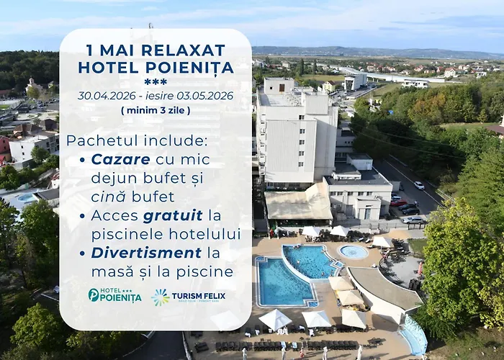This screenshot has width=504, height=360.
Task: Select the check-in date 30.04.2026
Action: (107, 96)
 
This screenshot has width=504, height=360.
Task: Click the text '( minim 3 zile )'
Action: (156, 110)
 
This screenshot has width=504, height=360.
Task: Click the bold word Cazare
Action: (120, 158)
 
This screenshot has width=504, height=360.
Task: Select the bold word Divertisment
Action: (146, 253)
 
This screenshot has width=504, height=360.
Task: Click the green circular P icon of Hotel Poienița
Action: (94, 294)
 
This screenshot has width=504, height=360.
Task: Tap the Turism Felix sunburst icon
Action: (160, 297)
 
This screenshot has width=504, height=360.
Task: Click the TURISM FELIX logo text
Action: (199, 296)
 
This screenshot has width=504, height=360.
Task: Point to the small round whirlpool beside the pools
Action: (353, 252)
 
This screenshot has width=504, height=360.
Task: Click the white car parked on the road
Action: (419, 185)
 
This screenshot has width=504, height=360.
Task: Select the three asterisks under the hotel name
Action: (156, 82)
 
